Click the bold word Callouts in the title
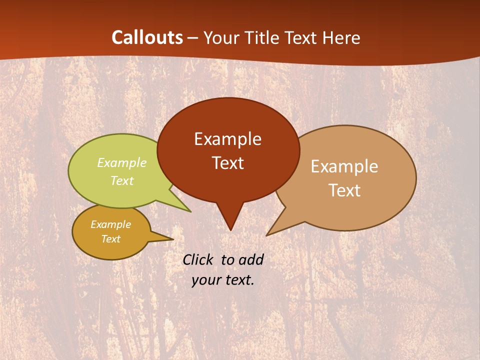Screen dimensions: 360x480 (x=147, y=37)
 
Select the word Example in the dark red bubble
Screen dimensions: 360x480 (x=227, y=139)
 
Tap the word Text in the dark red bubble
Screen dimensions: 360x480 (x=227, y=163)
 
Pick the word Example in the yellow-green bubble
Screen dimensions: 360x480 (x=121, y=163)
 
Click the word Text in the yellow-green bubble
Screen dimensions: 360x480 (x=121, y=181)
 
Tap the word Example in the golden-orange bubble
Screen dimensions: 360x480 (x=110, y=224)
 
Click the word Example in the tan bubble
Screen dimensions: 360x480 (x=344, y=166)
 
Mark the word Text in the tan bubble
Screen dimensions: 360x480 (x=344, y=190)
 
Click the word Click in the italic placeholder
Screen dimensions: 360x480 (x=199, y=259)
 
